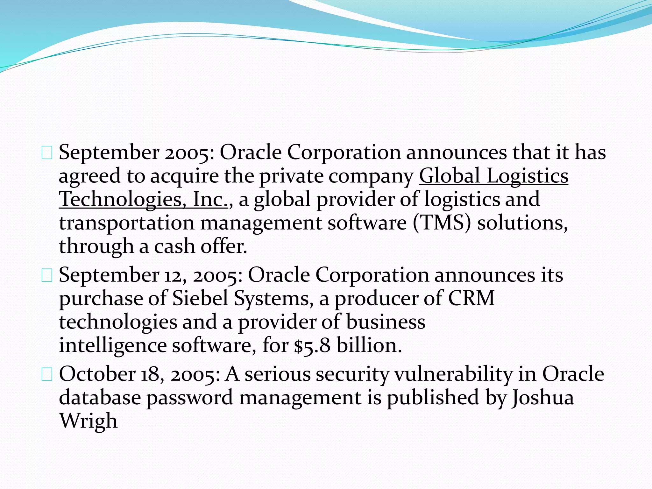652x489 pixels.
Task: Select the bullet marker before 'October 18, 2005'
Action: point(47,375)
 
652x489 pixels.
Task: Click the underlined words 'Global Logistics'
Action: point(493,176)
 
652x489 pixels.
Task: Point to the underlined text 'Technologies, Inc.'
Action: point(144,200)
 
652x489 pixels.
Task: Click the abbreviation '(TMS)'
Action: point(442,223)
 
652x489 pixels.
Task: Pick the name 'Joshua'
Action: point(543,398)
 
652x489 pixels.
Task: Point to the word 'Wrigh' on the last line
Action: point(89,421)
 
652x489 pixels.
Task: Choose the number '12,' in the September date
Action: point(175,275)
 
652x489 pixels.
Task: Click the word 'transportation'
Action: point(127,223)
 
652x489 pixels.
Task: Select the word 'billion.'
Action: point(369,346)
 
